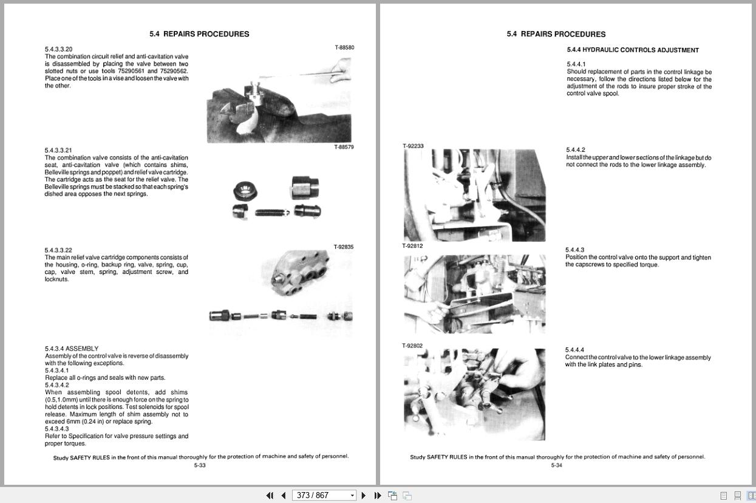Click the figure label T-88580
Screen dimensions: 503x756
coord(344,47)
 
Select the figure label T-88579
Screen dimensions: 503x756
coord(344,147)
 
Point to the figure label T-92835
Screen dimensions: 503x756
coord(343,247)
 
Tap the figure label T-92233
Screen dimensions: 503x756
coord(413,146)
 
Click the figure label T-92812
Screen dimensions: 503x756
coord(412,246)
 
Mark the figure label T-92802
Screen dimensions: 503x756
coord(412,346)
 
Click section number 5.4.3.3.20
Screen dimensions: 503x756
coord(58,49)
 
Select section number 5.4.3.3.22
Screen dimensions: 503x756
coord(58,250)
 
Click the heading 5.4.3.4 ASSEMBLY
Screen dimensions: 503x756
coord(72,349)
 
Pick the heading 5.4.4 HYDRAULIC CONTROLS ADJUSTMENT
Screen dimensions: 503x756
coord(633,50)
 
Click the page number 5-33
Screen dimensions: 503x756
coord(200,465)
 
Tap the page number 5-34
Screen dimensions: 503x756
coord(556,465)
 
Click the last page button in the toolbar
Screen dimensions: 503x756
coord(378,495)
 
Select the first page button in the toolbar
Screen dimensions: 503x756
coord(270,495)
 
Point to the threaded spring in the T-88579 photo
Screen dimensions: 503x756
coord(271,213)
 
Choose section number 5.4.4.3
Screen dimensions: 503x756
coord(574,250)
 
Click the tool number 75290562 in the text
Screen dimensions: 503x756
coord(174,71)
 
